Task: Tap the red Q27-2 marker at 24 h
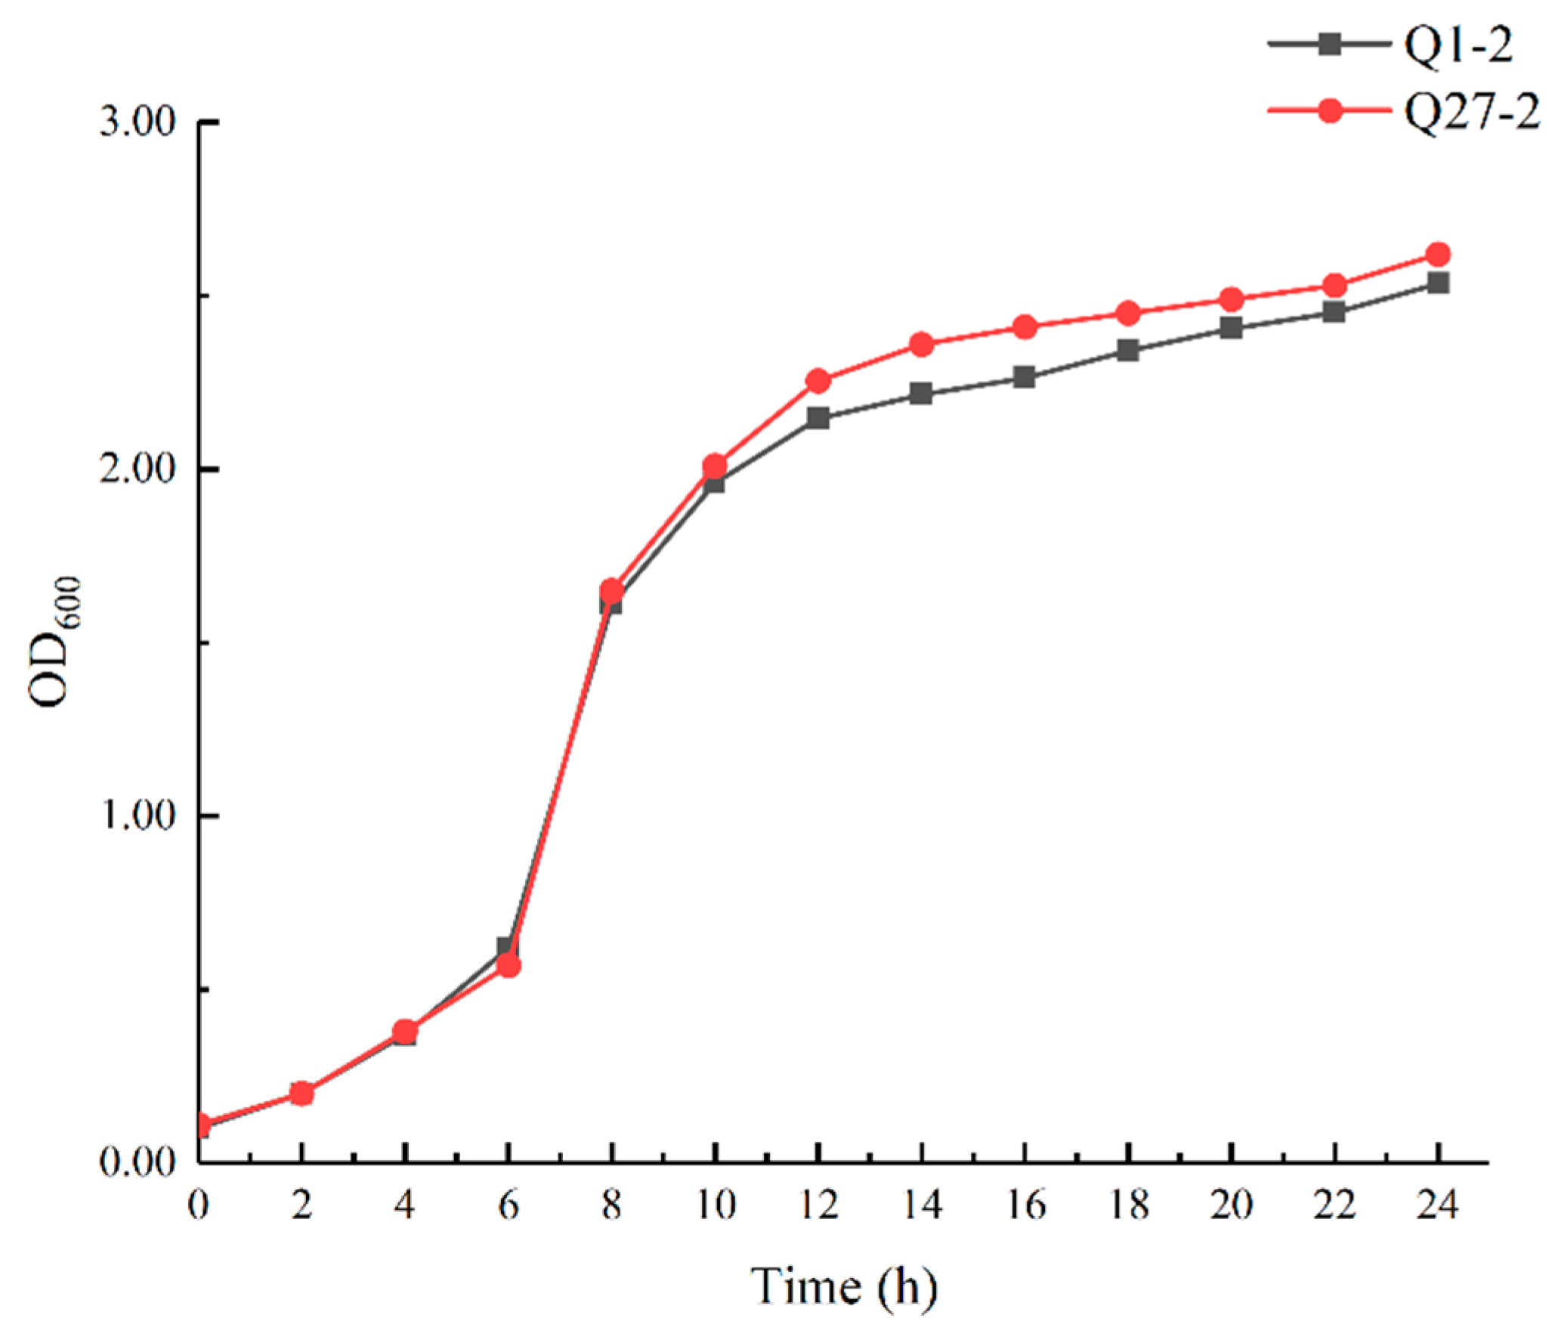1438,254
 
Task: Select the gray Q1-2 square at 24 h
1438,283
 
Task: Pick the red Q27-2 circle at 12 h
818,380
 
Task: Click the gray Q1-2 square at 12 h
818,418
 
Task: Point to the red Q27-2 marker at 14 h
921,345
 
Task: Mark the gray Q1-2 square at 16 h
1025,376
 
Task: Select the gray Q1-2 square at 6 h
508,947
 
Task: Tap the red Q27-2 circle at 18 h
1128,313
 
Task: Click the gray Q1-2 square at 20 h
1232,328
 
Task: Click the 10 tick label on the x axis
715,1205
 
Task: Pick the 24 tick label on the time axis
1438,1205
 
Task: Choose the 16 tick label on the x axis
1025,1205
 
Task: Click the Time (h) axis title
843,1286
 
